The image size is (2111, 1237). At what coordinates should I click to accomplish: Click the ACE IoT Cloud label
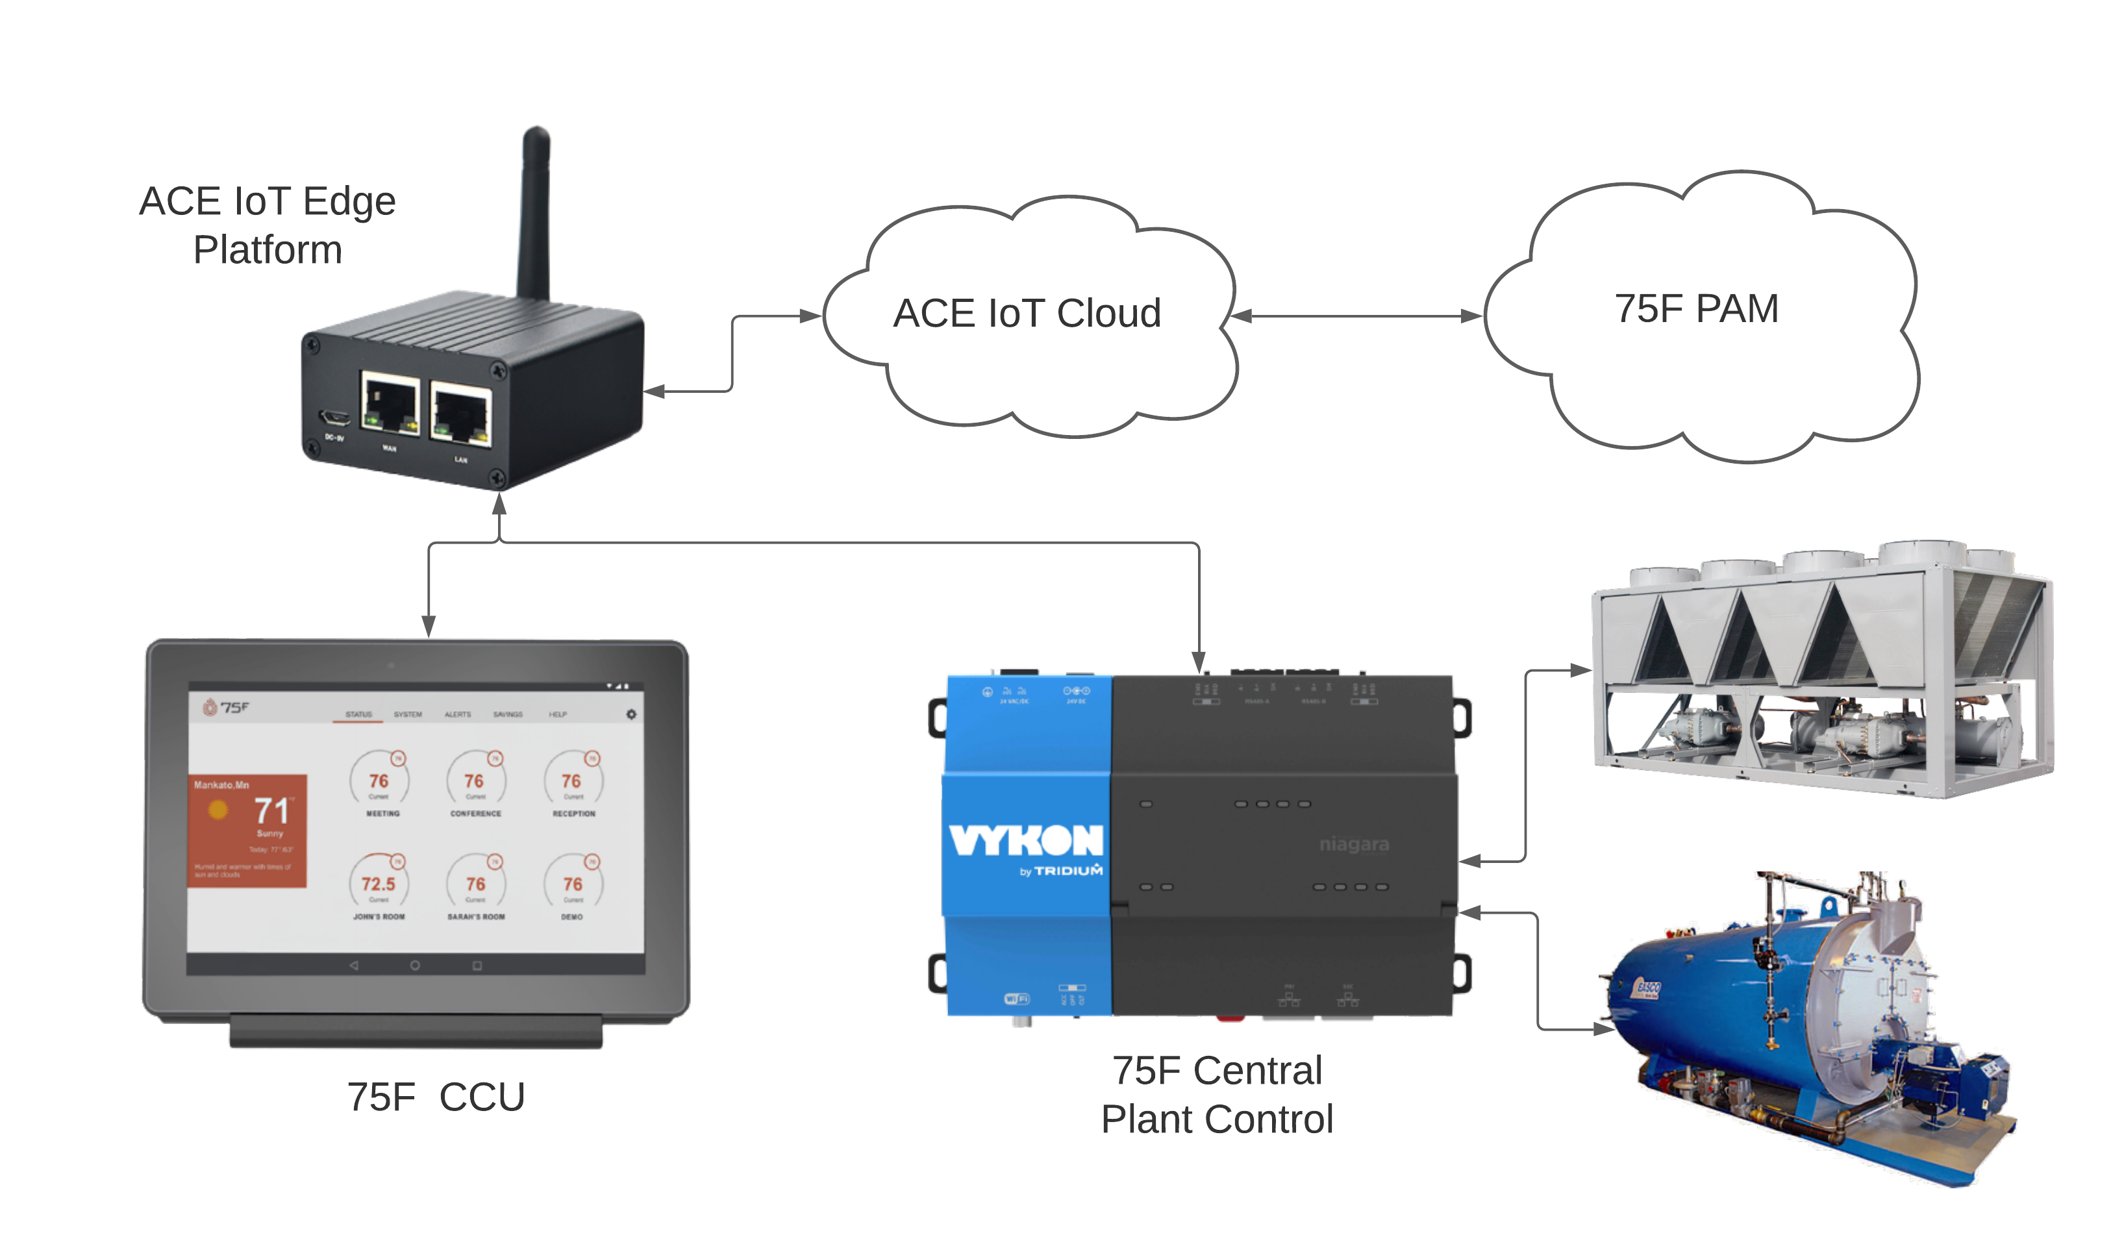click(x=1027, y=313)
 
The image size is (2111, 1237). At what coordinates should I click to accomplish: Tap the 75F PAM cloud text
click(x=1696, y=308)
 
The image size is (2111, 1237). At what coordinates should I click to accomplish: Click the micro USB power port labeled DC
click(x=333, y=417)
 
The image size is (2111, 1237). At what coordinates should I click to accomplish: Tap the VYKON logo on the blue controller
click(x=1026, y=840)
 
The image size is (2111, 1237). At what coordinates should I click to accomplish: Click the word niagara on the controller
click(x=1354, y=843)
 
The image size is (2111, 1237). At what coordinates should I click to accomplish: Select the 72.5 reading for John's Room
click(x=378, y=884)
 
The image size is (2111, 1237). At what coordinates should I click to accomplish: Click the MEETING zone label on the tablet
click(x=383, y=813)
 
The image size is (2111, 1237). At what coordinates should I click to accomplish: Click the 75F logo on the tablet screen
click(x=226, y=708)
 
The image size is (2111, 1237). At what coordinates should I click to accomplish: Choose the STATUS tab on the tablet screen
click(x=358, y=714)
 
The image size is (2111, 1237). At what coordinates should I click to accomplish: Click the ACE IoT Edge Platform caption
click(x=268, y=225)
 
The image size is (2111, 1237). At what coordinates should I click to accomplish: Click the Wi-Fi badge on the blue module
click(x=1016, y=998)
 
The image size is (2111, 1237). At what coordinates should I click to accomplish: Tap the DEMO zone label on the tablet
click(x=572, y=917)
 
